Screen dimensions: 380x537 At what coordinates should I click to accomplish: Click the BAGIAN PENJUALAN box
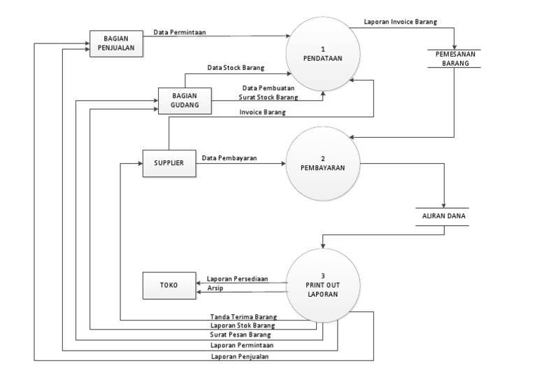[x=116, y=44]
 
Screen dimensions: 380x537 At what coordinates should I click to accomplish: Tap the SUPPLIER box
[x=169, y=162]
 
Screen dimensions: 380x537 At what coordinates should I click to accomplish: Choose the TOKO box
[x=169, y=285]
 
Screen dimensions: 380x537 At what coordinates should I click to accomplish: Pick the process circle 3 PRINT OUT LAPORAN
[x=322, y=285]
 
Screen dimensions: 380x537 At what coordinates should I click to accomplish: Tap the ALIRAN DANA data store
[x=443, y=216]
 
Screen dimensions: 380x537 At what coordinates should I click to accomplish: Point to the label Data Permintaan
[x=180, y=31]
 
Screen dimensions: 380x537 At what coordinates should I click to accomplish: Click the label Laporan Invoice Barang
[x=401, y=22]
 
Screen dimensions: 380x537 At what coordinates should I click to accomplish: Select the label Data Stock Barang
[x=235, y=68]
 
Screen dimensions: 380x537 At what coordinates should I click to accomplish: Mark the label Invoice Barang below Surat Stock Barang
[x=262, y=111]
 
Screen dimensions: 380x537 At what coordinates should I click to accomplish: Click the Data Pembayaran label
[x=229, y=158]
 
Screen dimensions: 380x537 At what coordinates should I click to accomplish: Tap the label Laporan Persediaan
[x=237, y=278]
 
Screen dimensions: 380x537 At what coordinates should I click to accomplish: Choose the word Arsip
[x=215, y=288]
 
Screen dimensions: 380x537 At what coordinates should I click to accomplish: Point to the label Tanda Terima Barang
[x=243, y=316]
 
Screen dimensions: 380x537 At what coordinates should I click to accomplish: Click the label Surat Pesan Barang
[x=241, y=335]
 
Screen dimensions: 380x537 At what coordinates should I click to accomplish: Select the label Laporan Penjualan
[x=241, y=356]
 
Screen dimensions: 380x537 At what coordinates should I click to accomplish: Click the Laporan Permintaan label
[x=241, y=345]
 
